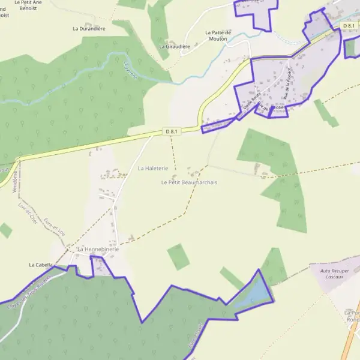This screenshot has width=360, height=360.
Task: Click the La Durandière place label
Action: (89, 28)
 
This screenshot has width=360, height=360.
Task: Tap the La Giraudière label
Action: (175, 46)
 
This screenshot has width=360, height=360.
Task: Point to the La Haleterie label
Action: (152, 169)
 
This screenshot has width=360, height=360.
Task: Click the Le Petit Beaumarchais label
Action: (189, 182)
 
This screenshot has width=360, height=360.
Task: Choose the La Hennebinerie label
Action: (98, 249)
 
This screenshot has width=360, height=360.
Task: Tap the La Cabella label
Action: (41, 264)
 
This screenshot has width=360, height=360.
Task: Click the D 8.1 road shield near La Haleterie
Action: (172, 131)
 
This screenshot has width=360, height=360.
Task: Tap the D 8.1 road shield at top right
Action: (350, 26)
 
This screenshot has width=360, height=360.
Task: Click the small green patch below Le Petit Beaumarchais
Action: (178, 257)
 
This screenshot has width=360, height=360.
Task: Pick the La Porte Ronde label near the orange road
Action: (353, 316)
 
